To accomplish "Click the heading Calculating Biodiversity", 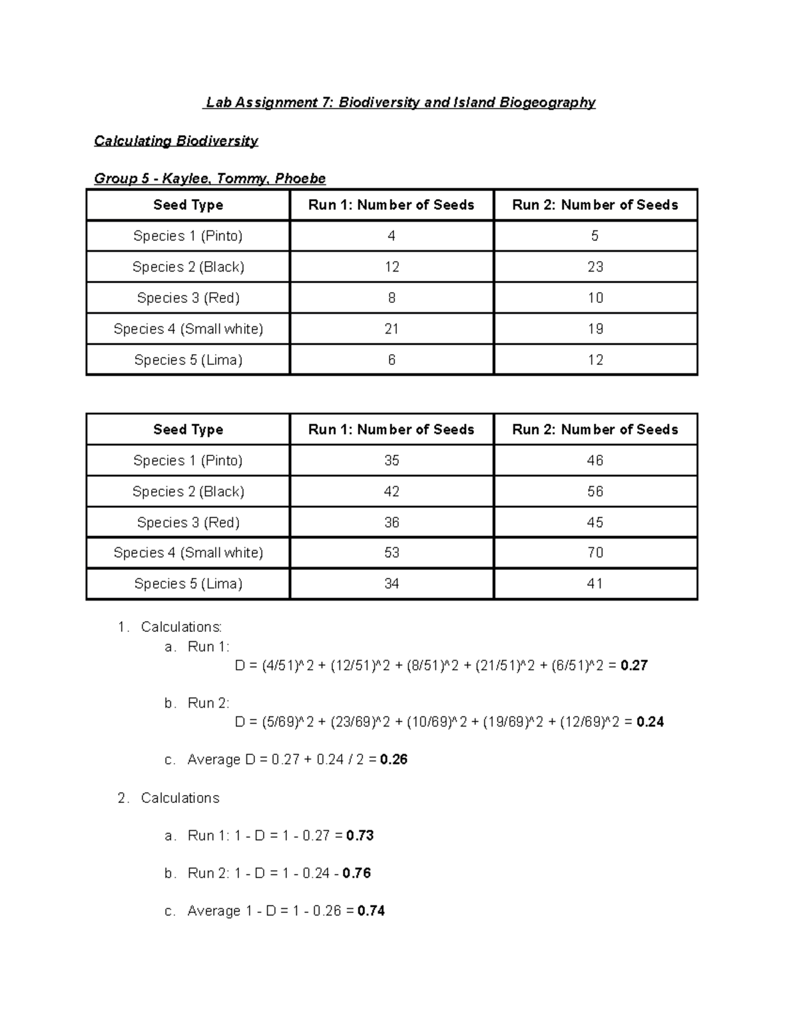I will tap(176, 141).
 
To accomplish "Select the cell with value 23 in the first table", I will tap(595, 267).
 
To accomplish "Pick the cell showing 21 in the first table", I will tap(392, 329).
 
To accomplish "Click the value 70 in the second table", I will tap(595, 553).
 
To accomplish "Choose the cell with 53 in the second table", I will tap(392, 553).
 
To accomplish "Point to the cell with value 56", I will tap(595, 491).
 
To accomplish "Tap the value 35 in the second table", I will tap(392, 461).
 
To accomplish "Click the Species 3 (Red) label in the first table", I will tap(188, 298).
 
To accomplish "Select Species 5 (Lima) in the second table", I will tap(188, 584).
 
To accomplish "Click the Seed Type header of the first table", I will tap(188, 205).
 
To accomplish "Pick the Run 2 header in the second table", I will tap(595, 429).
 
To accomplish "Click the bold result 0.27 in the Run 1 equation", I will tap(634, 666).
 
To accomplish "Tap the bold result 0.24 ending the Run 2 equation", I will tap(650, 722).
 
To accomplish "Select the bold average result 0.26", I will tap(394, 760).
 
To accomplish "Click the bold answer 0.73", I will tap(360, 836).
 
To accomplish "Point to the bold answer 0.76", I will tap(357, 874).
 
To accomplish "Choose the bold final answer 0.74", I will tap(371, 911).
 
